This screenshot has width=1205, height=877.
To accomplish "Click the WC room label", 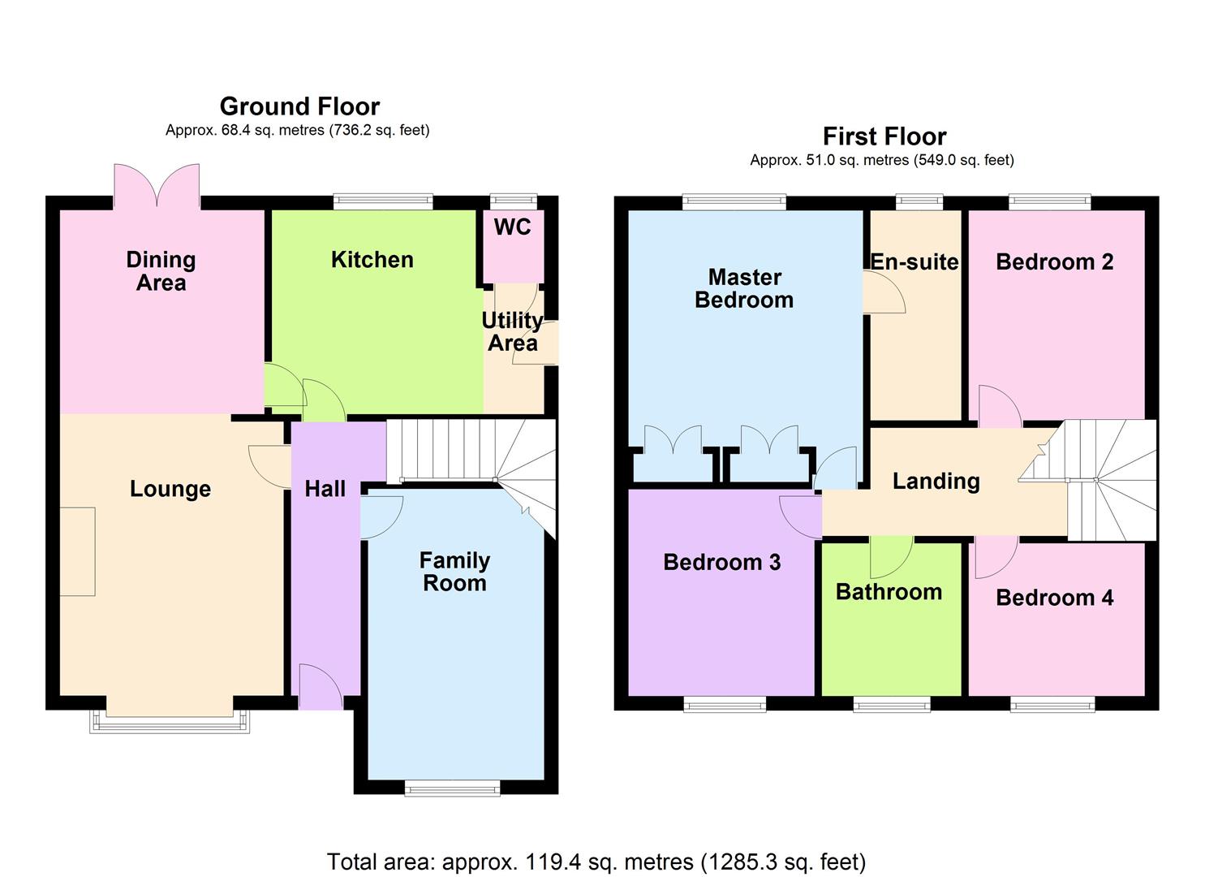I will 512,227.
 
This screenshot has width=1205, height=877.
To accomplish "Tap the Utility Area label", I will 512,331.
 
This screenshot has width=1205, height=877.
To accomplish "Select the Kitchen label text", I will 372,260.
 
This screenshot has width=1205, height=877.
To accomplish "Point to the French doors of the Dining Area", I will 157,186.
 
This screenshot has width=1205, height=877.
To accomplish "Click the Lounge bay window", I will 170,721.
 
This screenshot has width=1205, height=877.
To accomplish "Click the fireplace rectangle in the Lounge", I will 78,551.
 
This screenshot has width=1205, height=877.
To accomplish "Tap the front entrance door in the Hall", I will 321,687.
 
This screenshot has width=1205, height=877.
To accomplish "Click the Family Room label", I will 454,572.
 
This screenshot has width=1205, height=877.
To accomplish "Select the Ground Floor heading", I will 299,106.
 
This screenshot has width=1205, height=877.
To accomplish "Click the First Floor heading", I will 884,136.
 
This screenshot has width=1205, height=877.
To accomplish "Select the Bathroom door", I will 892,555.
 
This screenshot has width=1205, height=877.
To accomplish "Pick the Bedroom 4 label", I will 1054,598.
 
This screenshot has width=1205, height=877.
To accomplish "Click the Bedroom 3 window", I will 725,704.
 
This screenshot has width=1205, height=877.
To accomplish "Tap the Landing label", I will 936,481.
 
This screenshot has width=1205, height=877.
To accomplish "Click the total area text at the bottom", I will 596,861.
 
